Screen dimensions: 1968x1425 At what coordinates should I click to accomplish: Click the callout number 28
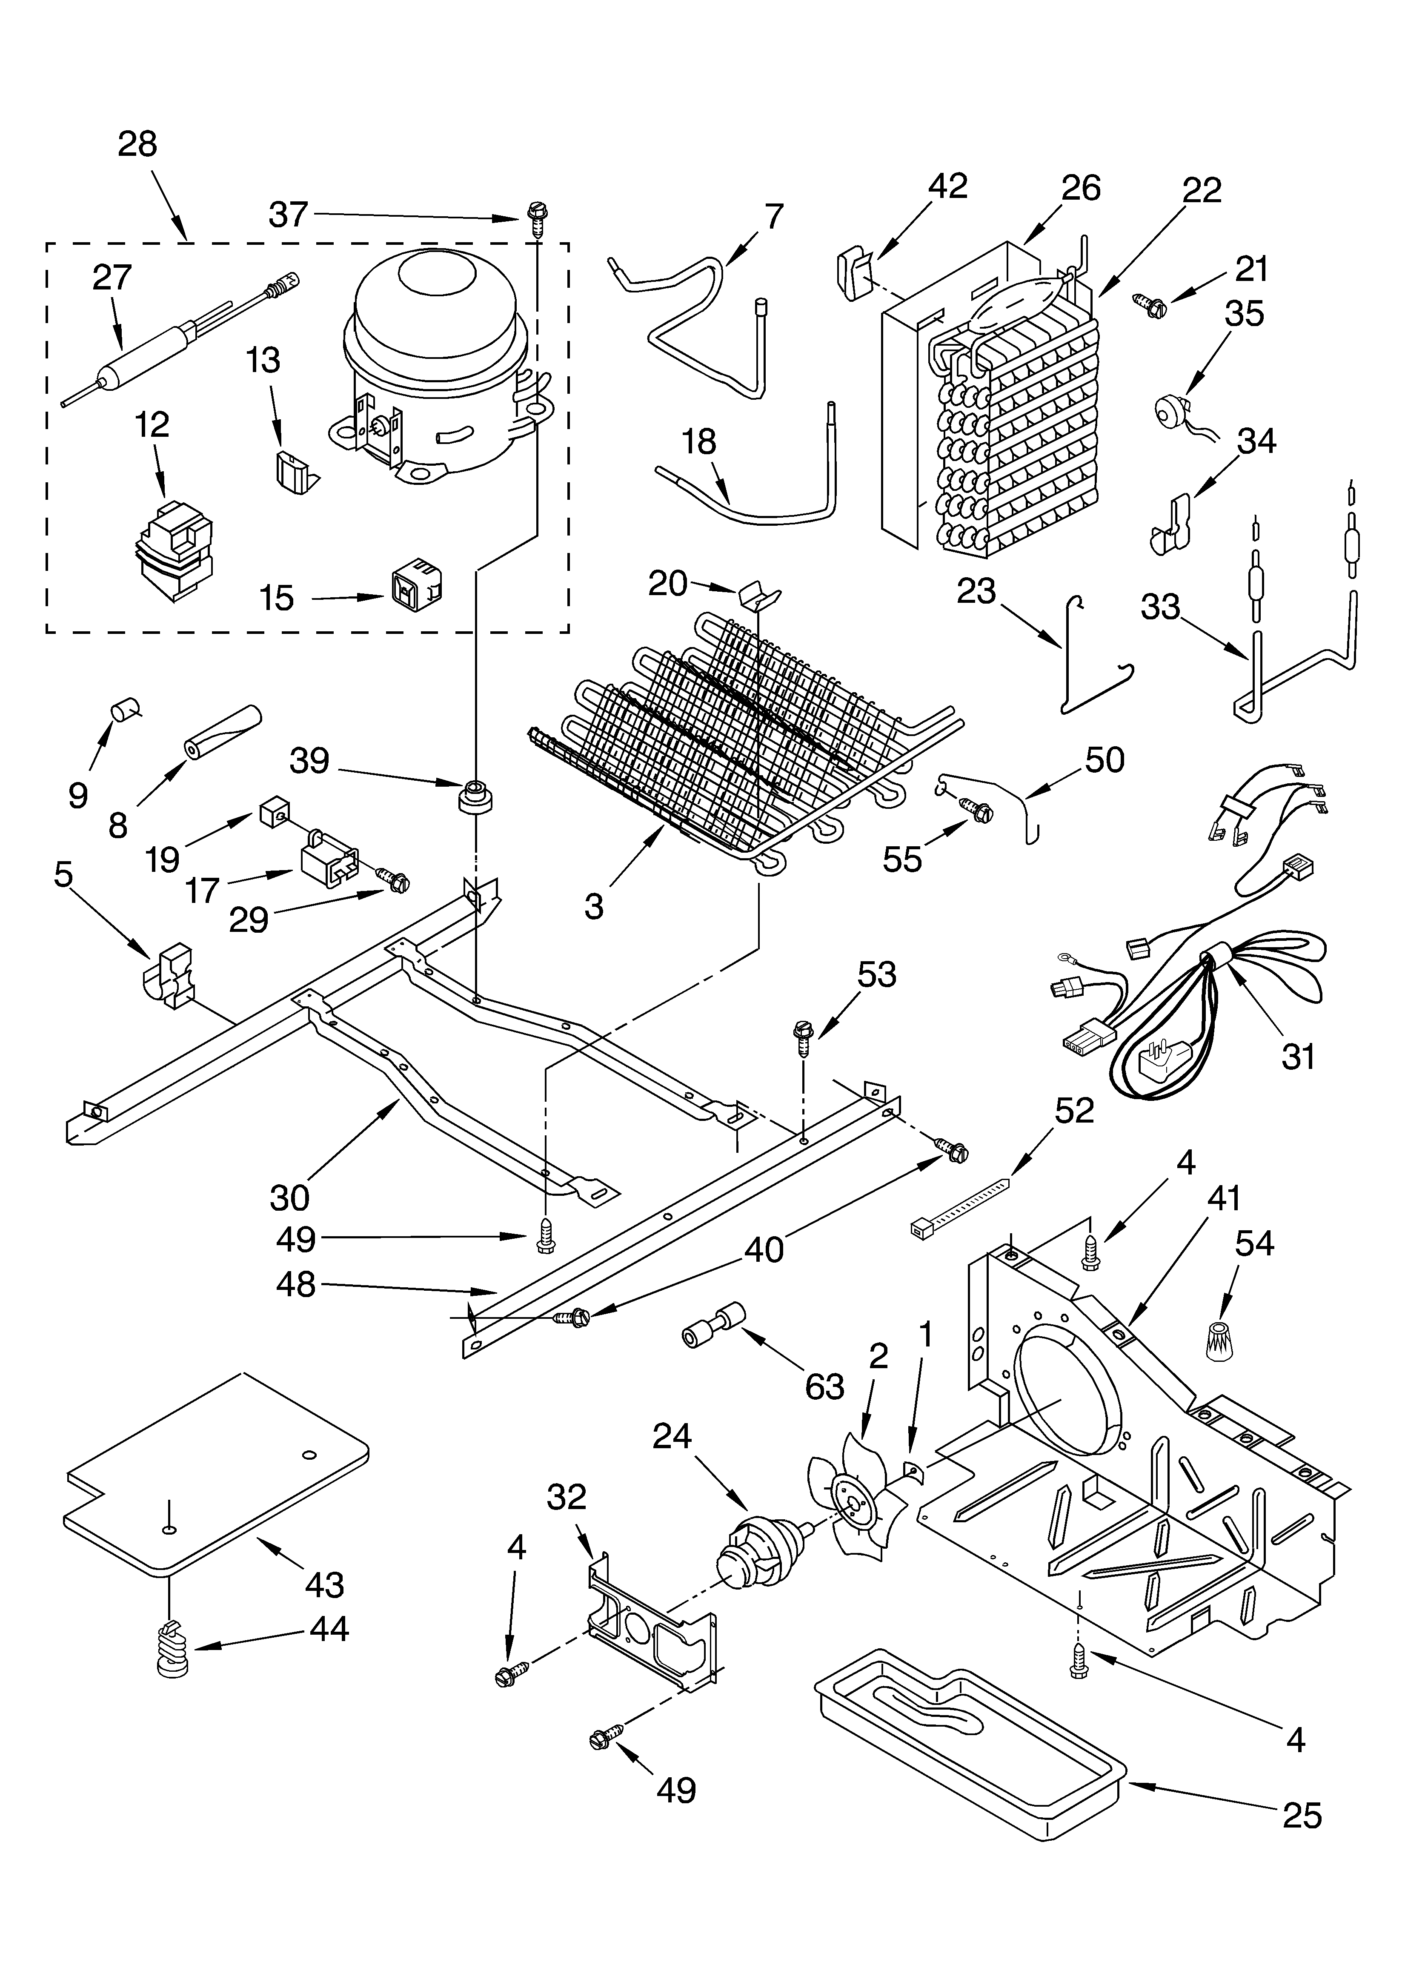pos(137,144)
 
